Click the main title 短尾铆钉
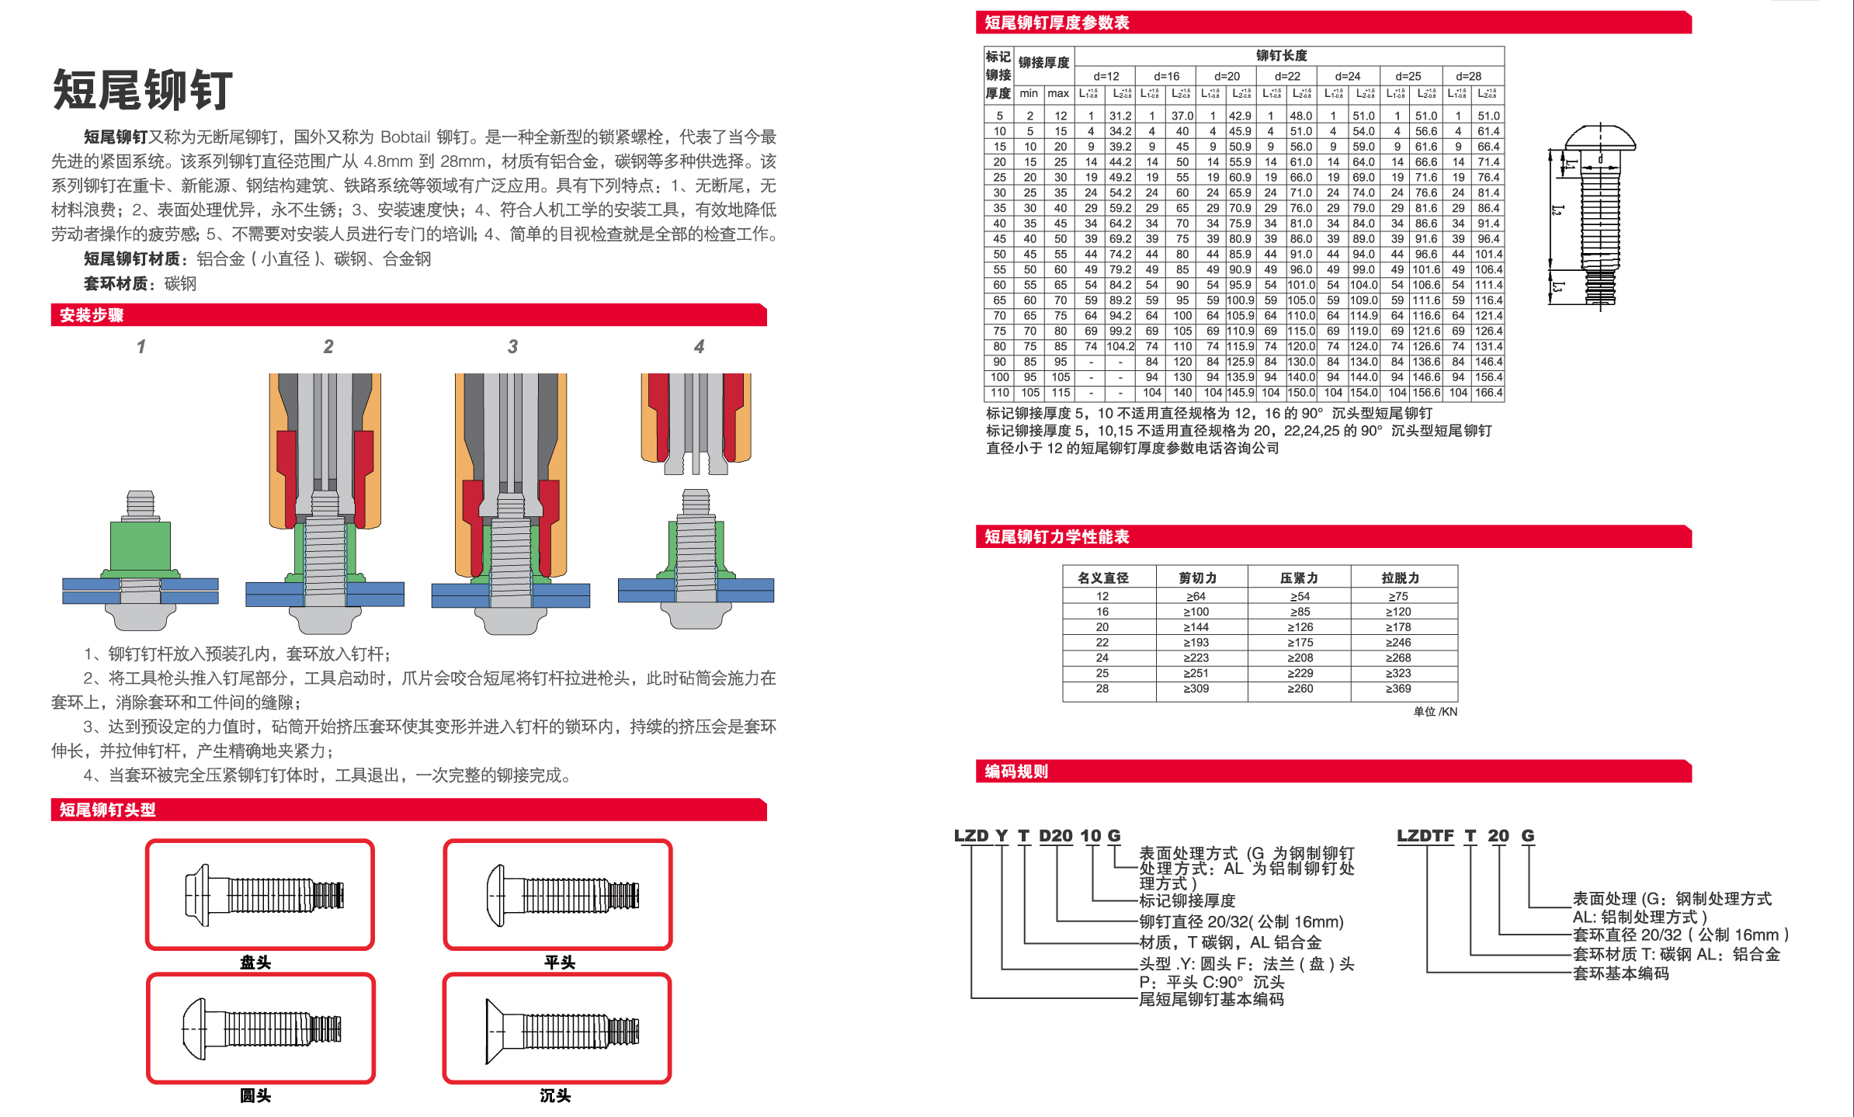coord(143,90)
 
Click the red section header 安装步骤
coord(92,315)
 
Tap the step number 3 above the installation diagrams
coord(512,347)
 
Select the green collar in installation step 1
coord(140,547)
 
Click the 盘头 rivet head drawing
coord(260,894)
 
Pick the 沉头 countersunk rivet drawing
coord(557,1029)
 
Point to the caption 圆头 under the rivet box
coord(255,1095)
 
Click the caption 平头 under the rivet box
coord(559,963)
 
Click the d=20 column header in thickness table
coord(1227,76)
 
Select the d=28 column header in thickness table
coord(1468,76)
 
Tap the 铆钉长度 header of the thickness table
coord(1282,56)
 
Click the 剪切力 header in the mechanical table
coord(1197,578)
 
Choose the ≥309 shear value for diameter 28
coord(1196,689)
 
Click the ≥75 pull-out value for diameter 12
coord(1398,596)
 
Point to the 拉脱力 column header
coord(1400,578)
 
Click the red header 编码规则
coord(1016,772)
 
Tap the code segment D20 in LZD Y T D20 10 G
coord(1055,836)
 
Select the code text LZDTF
coord(1425,836)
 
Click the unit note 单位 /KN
coord(1435,712)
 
